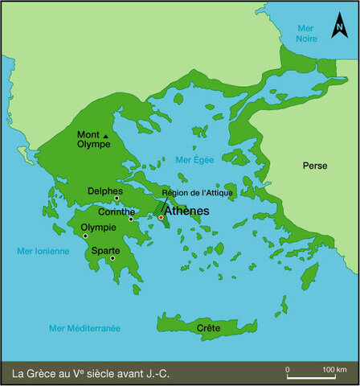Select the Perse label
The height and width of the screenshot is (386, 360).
pos(314,166)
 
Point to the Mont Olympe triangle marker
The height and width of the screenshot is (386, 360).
pos(106,146)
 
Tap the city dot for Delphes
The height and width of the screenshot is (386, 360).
pos(117,199)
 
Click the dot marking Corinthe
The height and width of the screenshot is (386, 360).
pos(132,219)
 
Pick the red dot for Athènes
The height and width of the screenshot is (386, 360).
pos(161,217)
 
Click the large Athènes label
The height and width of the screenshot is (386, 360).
pos(186,211)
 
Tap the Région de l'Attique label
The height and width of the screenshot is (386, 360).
pos(197,193)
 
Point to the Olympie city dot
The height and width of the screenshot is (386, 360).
pos(85,236)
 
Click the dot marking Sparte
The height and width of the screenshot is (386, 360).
pos(112,258)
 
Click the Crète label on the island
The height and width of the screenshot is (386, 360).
pos(208,328)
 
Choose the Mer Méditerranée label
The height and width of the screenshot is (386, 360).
pos(84,328)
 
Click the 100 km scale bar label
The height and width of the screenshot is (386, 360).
pos(329,369)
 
